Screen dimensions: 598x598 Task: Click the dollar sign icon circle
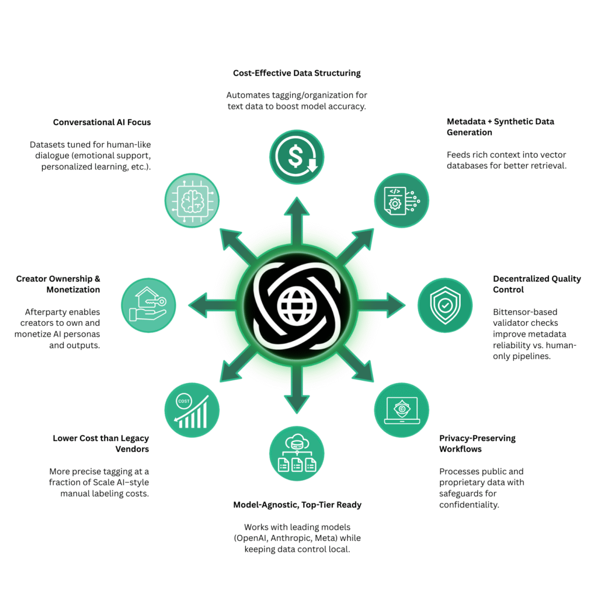pos(297,157)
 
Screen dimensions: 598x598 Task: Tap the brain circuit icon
pos(192,200)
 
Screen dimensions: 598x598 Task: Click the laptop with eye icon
pos(401,409)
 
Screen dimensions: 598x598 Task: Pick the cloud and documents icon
pos(297,453)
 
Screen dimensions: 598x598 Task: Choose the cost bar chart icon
pos(192,409)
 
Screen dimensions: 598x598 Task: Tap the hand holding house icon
pos(148,305)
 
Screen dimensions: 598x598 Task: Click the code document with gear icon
pos(401,200)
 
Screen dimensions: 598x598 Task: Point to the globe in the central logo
pos(297,305)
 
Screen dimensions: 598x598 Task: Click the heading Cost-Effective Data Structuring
pos(297,73)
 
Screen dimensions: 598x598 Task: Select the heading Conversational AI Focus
pos(102,122)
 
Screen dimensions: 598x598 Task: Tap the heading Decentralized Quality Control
pos(537,284)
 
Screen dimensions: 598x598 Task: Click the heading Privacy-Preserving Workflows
pos(477,443)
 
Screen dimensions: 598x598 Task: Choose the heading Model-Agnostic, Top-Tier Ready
pos(297,505)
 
